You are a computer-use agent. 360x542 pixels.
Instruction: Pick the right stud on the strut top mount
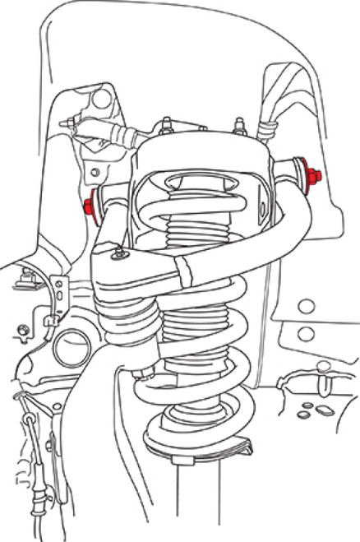[x=240, y=125]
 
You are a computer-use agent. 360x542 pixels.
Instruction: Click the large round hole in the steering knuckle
[x=73, y=346]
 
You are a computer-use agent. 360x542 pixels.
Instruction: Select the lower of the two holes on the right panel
[x=305, y=334]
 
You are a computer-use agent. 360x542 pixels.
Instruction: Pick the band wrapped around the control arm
[x=187, y=271]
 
